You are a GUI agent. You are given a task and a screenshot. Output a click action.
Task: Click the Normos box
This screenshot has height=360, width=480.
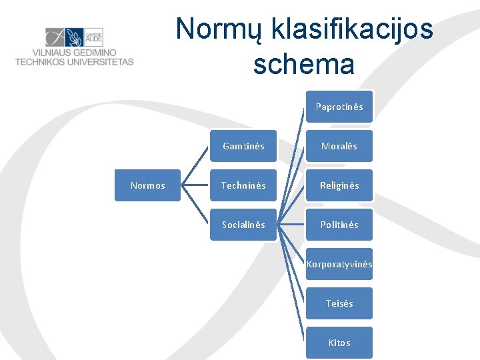147,185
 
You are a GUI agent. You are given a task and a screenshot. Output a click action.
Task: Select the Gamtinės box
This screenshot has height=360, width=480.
243,146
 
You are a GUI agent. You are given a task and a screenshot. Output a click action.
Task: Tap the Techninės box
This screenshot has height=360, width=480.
243,185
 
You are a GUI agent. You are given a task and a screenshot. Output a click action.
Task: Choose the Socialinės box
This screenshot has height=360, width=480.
243,225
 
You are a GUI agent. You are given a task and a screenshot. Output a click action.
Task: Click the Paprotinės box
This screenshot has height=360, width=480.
339,107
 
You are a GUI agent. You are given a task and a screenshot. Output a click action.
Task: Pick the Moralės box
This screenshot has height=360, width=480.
339,146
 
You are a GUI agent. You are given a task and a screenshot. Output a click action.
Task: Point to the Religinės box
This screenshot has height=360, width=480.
339,185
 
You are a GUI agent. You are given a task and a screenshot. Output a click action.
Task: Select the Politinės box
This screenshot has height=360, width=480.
339,225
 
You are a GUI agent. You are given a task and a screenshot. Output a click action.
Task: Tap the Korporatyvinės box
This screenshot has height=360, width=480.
339,264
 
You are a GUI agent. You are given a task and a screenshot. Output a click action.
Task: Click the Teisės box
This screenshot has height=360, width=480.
339,303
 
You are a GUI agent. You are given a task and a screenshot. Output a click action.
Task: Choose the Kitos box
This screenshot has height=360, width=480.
339,343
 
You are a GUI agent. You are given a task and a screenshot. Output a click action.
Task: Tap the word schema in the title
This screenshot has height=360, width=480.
304,65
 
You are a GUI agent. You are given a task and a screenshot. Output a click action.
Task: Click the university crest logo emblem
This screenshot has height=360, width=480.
74,37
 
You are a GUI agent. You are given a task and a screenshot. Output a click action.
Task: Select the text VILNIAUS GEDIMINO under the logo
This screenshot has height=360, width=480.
74,53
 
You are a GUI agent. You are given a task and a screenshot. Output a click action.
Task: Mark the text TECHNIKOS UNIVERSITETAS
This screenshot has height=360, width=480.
74,62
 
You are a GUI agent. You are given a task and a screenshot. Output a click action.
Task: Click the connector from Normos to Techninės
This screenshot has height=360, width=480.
195,185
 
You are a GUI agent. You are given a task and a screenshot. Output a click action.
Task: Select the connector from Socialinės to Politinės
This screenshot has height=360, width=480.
291,225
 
